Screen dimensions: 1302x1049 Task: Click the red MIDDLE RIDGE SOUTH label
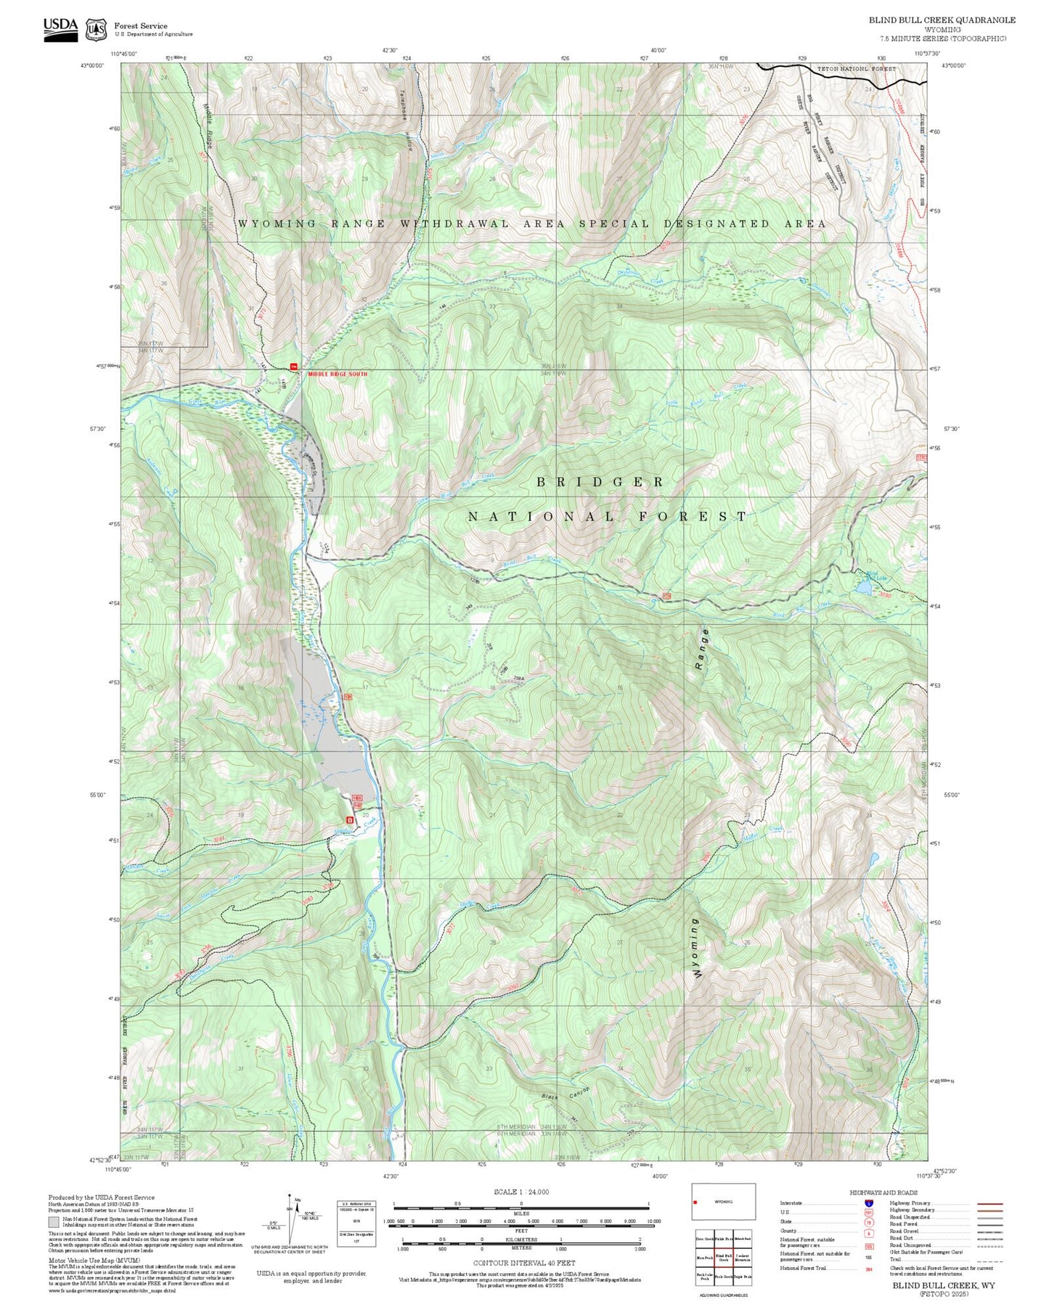(338, 374)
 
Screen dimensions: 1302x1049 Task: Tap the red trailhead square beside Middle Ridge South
(294, 367)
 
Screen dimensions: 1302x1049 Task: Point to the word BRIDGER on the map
(600, 482)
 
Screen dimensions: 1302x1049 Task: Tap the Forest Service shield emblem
(96, 30)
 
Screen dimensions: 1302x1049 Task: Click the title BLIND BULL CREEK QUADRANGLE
(942, 20)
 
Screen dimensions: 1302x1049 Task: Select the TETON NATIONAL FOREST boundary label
(857, 69)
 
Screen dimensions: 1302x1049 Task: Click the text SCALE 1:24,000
(521, 1192)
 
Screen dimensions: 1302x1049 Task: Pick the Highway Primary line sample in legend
(989, 1203)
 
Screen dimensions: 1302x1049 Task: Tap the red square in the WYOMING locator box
(695, 1202)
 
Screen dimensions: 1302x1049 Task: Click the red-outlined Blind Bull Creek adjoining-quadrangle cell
(723, 1258)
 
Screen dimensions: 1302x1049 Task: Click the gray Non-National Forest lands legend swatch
(54, 1221)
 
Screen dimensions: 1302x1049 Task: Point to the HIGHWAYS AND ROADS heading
(883, 1192)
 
